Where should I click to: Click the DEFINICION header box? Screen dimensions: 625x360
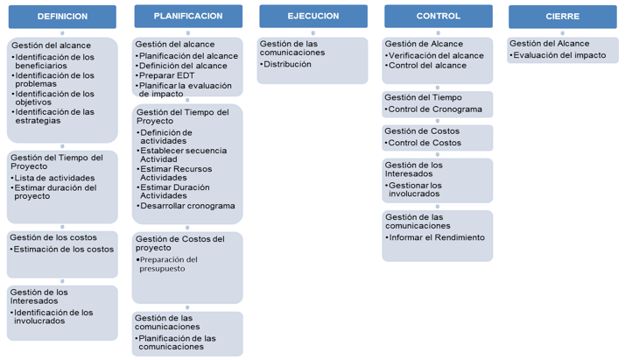pos(62,17)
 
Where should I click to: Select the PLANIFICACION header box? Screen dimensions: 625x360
pos(188,16)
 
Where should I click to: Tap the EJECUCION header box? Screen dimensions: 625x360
pos(313,16)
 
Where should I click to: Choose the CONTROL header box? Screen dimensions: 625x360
pos(439,16)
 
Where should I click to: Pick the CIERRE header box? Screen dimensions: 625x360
pos(563,17)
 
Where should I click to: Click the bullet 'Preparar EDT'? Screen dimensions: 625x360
pos(165,75)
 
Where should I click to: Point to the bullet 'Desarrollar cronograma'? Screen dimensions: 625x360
pos(186,206)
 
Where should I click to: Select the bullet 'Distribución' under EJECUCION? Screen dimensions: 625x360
pos(285,64)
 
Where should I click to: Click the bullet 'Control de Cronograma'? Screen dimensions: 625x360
pos(433,109)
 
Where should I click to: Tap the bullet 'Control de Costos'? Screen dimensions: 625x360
pos(423,143)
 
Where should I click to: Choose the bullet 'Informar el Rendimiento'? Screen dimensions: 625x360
pos(435,237)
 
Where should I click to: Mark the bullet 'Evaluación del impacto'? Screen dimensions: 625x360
pos(558,55)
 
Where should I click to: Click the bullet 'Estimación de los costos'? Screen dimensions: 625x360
pos(62,249)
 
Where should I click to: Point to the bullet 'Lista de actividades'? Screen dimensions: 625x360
pos(53,178)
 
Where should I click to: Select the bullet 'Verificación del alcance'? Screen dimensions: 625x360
pos(434,56)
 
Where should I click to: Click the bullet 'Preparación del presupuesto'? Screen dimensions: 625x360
pos(166,264)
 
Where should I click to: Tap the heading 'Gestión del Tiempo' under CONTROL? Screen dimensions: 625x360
pos(423,97)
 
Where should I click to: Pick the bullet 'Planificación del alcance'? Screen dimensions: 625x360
pos(186,56)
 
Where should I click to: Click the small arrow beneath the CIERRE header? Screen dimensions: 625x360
pos(563,33)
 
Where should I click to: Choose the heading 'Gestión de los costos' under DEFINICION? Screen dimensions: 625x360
pos(53,237)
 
